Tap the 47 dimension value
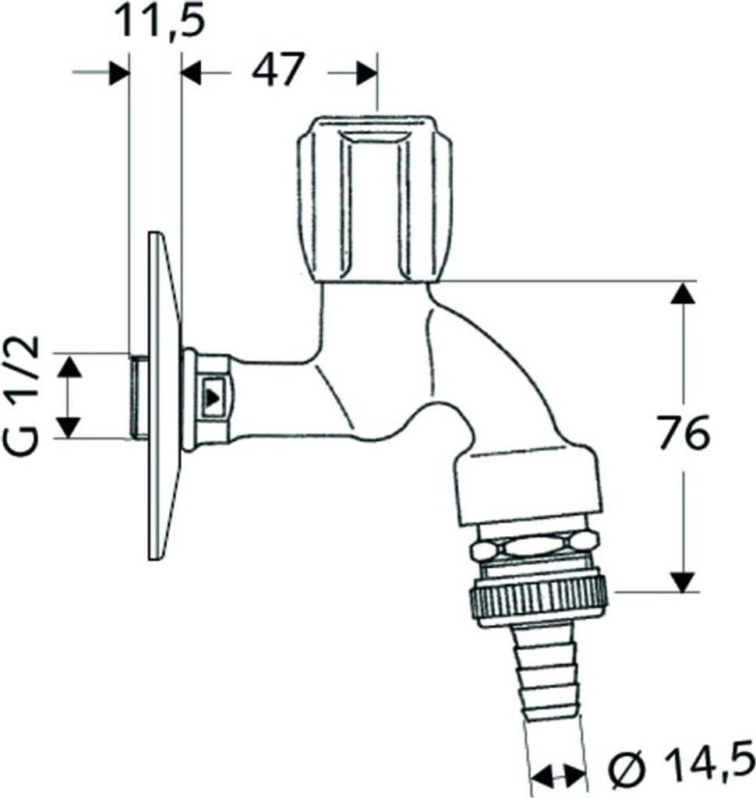(x=277, y=69)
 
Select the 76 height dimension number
(x=684, y=432)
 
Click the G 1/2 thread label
(x=24, y=397)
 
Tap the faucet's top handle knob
(x=374, y=199)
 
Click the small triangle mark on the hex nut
(x=212, y=396)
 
